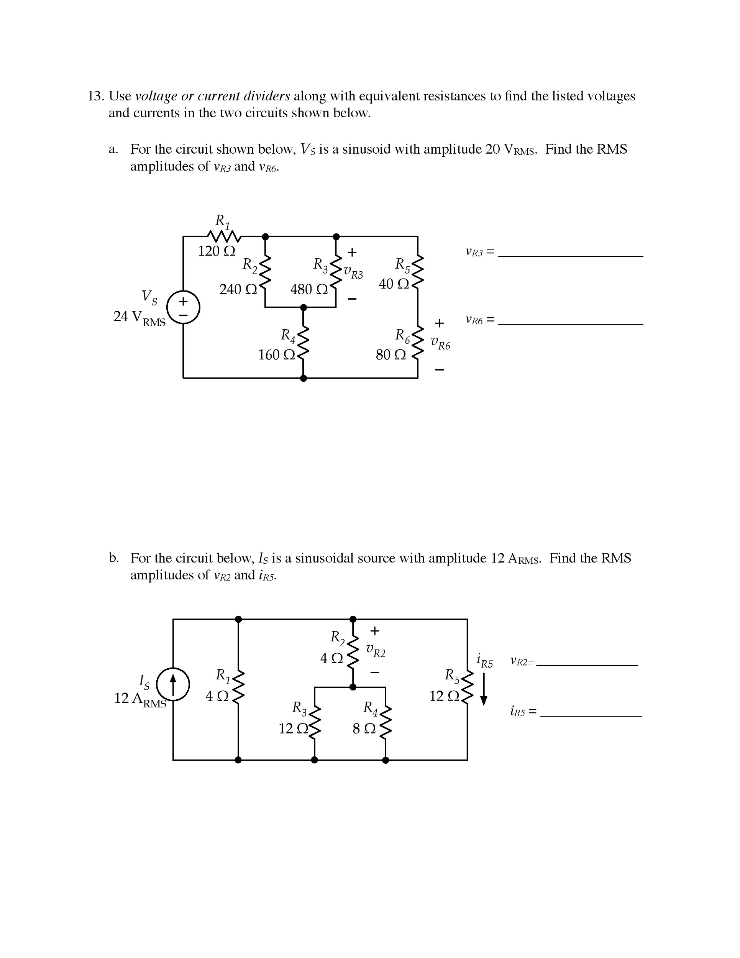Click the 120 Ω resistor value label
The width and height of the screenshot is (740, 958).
click(x=216, y=251)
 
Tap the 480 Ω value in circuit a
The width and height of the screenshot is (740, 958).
click(x=309, y=289)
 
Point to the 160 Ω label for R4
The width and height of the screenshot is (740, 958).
click(x=276, y=354)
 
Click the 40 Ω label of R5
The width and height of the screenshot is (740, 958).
click(x=394, y=284)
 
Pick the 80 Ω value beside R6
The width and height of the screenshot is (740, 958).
click(x=391, y=354)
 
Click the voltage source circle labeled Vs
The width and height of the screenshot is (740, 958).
click(x=183, y=307)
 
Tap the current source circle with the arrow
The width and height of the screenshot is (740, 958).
click(x=173, y=685)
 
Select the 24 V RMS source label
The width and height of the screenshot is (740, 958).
click(x=139, y=318)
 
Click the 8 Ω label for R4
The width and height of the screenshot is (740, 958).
click(x=364, y=728)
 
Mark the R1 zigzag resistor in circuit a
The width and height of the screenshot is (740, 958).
click(x=224, y=237)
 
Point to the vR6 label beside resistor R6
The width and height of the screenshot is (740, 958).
click(x=440, y=343)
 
